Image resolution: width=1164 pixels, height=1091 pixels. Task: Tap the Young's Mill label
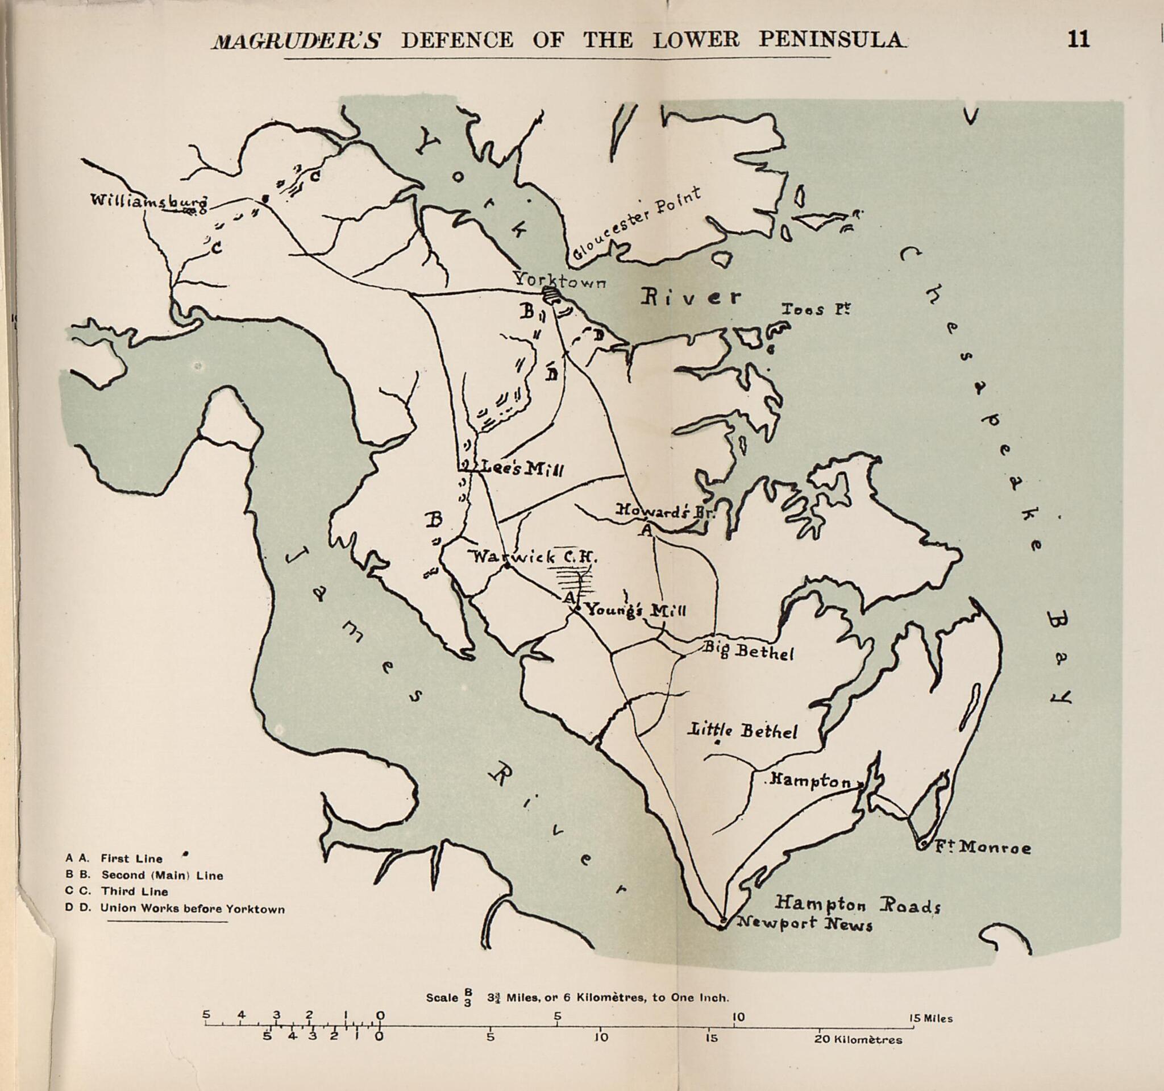pos(636,610)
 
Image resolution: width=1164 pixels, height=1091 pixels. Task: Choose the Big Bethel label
pos(748,649)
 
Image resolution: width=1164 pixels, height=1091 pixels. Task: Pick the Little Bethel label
pos(744,731)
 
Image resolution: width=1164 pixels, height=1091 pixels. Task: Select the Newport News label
pos(804,924)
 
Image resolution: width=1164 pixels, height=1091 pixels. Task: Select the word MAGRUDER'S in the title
pos(297,40)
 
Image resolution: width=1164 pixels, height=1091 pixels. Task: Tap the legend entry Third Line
pos(134,892)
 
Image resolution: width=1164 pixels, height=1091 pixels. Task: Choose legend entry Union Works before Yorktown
pos(192,910)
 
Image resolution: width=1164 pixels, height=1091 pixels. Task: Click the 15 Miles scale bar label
pos(930,1018)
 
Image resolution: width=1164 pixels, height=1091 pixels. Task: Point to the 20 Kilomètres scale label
pos(858,1040)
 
